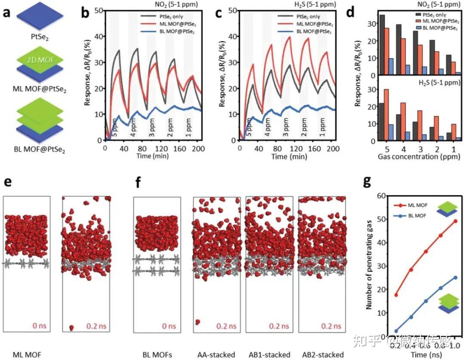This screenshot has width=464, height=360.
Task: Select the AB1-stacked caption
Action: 269,355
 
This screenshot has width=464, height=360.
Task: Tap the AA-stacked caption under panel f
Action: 216,355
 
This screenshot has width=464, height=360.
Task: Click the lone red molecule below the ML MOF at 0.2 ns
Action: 71,328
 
